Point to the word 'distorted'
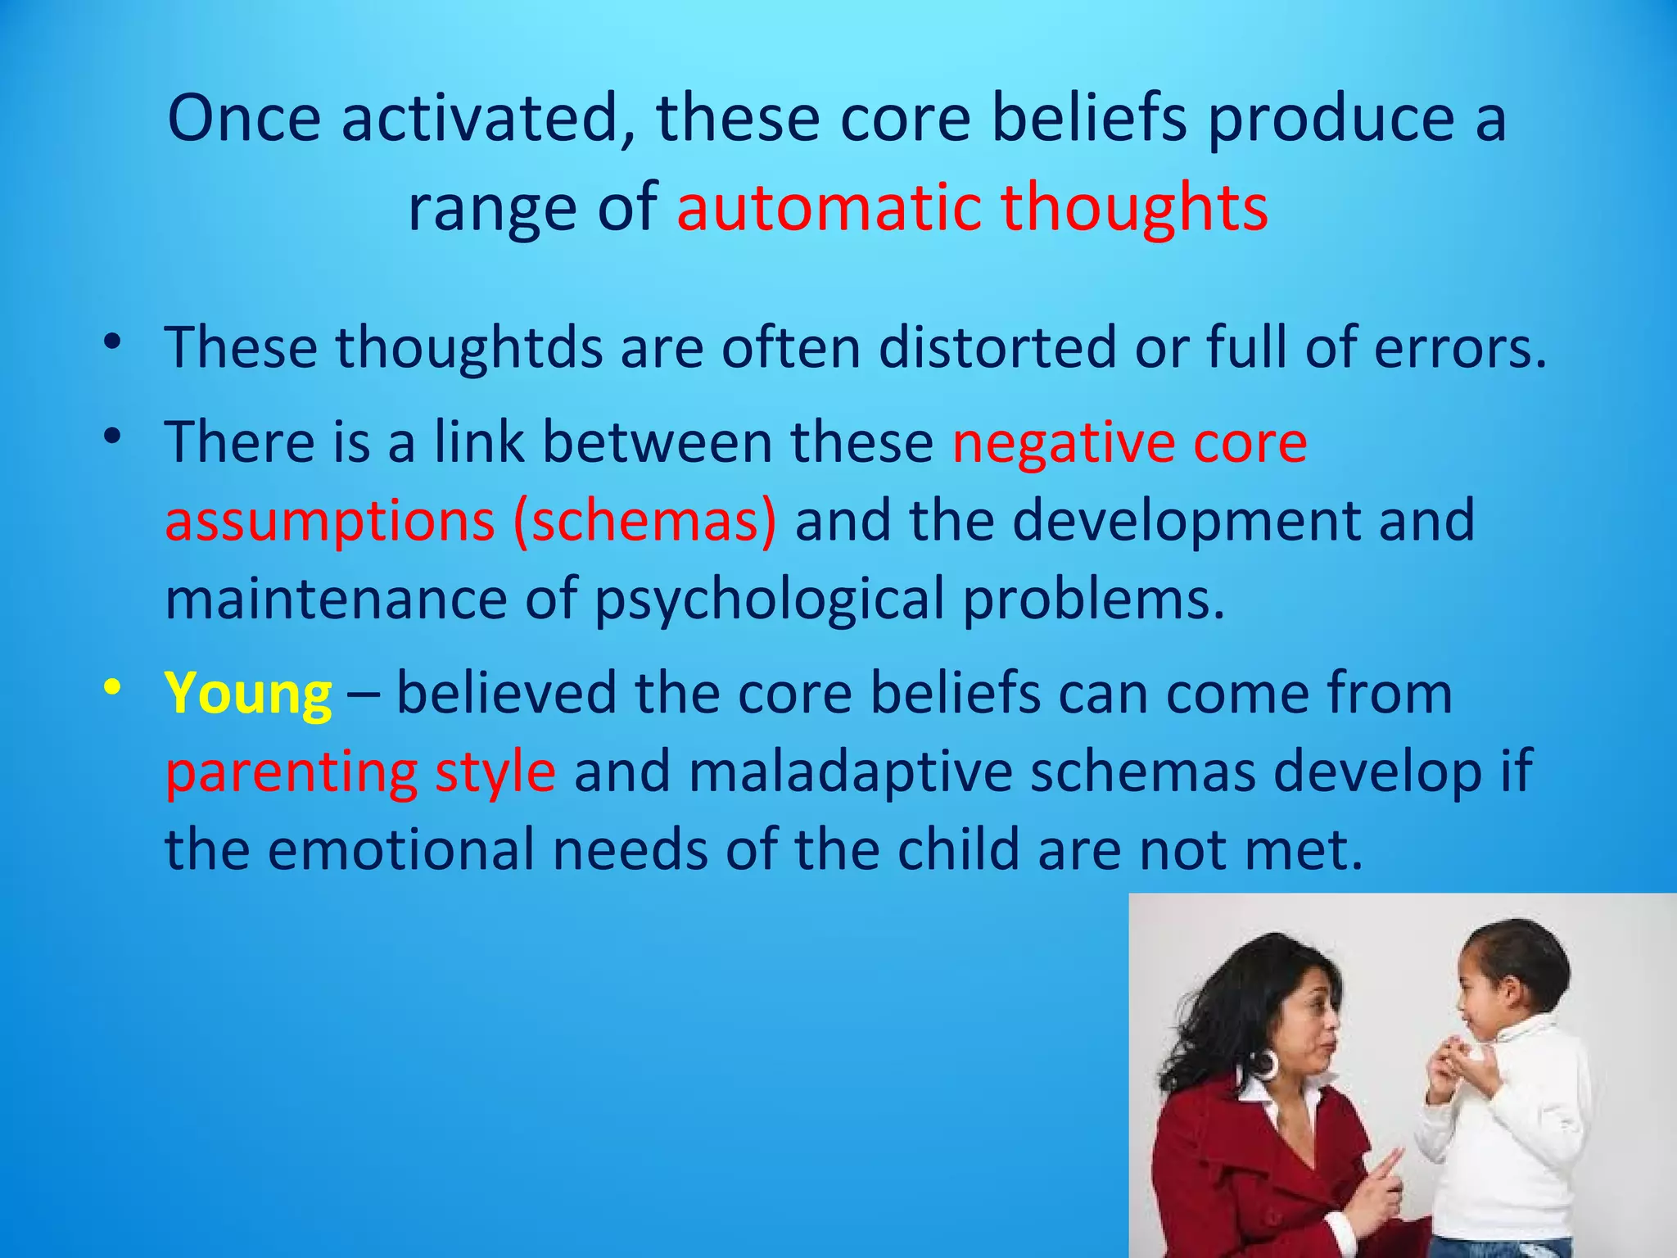point(997,347)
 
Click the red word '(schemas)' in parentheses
point(644,521)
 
